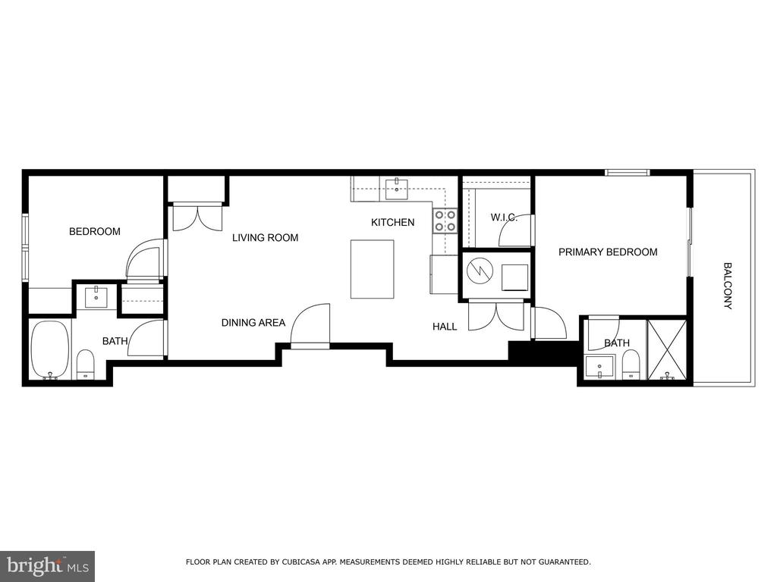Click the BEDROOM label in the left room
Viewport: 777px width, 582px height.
point(95,231)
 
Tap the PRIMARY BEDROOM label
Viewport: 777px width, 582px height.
point(608,252)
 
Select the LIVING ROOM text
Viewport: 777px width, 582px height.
point(265,237)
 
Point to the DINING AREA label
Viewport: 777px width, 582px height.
point(253,323)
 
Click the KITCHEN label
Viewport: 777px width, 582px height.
point(393,222)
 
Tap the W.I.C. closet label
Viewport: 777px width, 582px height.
point(504,217)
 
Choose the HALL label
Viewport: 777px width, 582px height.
point(445,327)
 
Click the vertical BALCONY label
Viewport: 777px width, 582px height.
point(728,286)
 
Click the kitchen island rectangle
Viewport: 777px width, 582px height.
point(372,269)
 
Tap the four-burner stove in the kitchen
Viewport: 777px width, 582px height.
point(445,221)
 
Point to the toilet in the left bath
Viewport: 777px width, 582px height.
point(86,365)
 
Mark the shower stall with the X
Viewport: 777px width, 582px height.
point(666,349)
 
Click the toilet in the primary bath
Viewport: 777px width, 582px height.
point(631,365)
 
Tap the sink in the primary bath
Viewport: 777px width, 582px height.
point(599,367)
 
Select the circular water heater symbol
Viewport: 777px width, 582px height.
point(480,271)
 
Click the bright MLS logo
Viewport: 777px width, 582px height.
point(47,565)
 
